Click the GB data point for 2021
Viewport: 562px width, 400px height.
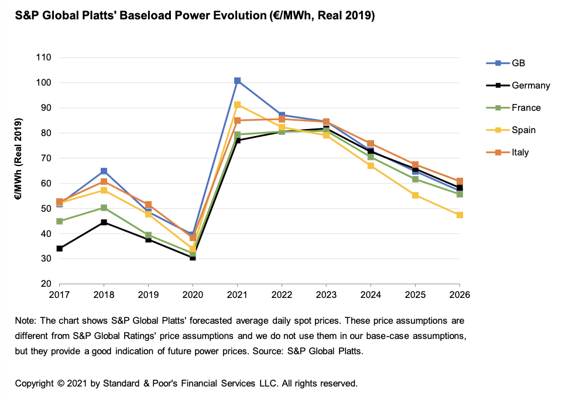click(x=237, y=80)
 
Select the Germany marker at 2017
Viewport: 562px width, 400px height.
click(x=59, y=249)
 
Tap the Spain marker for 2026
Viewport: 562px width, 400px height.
click(x=460, y=215)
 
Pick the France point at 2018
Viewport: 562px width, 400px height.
click(x=104, y=208)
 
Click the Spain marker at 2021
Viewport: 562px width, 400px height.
click(x=237, y=105)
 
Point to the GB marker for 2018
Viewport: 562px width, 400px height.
click(x=104, y=171)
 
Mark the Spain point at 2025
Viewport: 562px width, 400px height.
click(x=415, y=195)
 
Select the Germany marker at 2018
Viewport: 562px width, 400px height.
click(x=104, y=222)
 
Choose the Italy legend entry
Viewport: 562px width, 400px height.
click(x=520, y=152)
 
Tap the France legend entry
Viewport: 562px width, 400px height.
click(x=526, y=108)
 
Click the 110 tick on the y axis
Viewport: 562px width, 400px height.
click(x=43, y=57)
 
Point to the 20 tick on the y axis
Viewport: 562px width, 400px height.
click(x=46, y=284)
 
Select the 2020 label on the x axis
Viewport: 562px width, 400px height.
click(x=193, y=294)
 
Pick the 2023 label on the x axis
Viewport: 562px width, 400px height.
click(x=326, y=294)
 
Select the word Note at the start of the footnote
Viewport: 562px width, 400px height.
click(x=25, y=321)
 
